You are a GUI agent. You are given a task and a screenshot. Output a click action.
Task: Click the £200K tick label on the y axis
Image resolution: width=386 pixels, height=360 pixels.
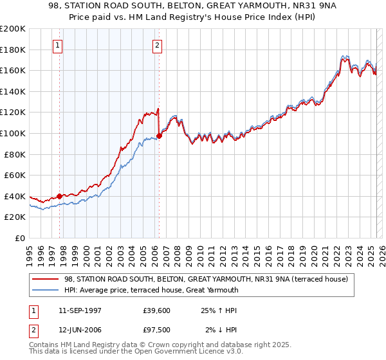coord(13,29)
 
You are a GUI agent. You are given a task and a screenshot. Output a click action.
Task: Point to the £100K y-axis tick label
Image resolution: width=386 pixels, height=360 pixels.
coord(13,133)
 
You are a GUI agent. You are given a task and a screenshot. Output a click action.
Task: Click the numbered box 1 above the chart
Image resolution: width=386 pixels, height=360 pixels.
coord(59,45)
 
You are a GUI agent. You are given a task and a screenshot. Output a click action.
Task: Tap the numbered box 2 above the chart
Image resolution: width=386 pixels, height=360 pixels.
coord(158,45)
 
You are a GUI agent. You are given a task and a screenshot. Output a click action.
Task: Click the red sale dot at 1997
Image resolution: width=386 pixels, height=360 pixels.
coord(59,196)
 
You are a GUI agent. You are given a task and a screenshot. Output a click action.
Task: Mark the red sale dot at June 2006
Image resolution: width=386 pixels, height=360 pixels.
coord(159,136)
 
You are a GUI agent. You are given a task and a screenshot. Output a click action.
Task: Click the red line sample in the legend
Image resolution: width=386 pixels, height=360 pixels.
coord(46,279)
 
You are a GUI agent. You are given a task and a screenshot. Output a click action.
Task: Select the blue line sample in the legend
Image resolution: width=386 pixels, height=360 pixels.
coord(46,290)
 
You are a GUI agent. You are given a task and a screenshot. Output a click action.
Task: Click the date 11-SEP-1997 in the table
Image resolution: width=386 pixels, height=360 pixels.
coord(80,309)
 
